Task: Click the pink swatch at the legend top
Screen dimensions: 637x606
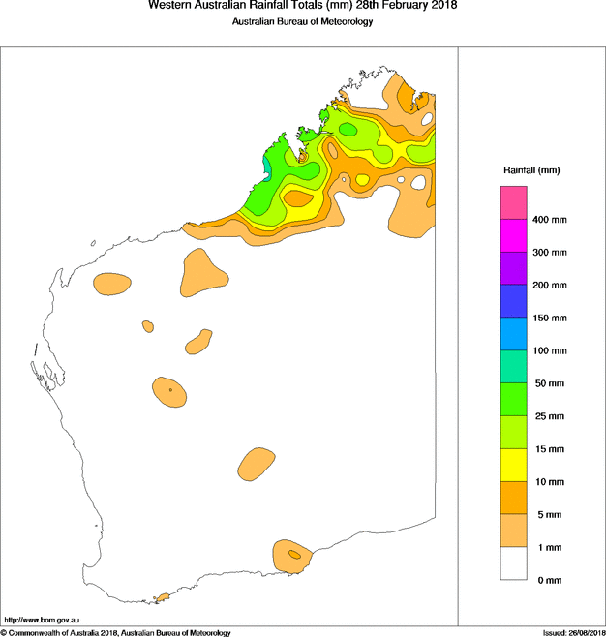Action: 513,203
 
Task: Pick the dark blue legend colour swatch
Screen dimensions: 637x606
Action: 513,301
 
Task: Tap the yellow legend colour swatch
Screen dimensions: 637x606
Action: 513,465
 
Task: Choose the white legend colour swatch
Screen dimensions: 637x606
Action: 513,563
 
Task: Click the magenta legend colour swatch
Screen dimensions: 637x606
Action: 513,236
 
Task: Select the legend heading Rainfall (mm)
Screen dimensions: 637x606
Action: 531,171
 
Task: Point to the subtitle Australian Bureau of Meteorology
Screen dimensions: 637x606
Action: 303,21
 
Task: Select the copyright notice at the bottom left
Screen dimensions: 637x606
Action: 116,632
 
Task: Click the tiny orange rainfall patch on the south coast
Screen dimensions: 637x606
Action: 163,597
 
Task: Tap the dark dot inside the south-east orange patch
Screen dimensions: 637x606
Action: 292,555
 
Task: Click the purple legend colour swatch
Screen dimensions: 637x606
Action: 513,268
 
